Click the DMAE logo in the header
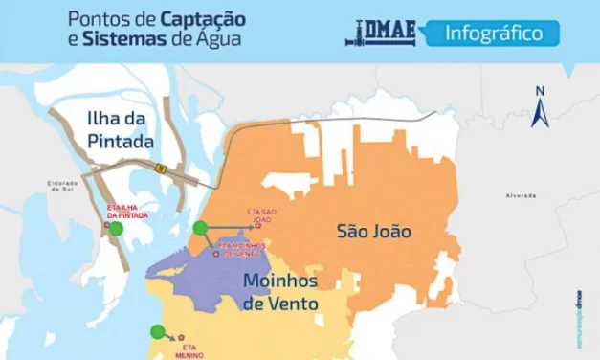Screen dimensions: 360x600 click(x=380, y=34)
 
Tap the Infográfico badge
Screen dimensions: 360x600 click(x=490, y=34)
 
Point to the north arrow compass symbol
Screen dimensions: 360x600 click(x=539, y=106)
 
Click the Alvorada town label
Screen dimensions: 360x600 click(x=522, y=195)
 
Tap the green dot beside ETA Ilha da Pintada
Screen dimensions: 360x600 click(x=116, y=229)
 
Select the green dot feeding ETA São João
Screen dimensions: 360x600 click(x=200, y=228)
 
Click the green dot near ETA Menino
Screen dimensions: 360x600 click(x=157, y=331)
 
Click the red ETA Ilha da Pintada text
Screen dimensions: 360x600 click(x=129, y=211)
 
